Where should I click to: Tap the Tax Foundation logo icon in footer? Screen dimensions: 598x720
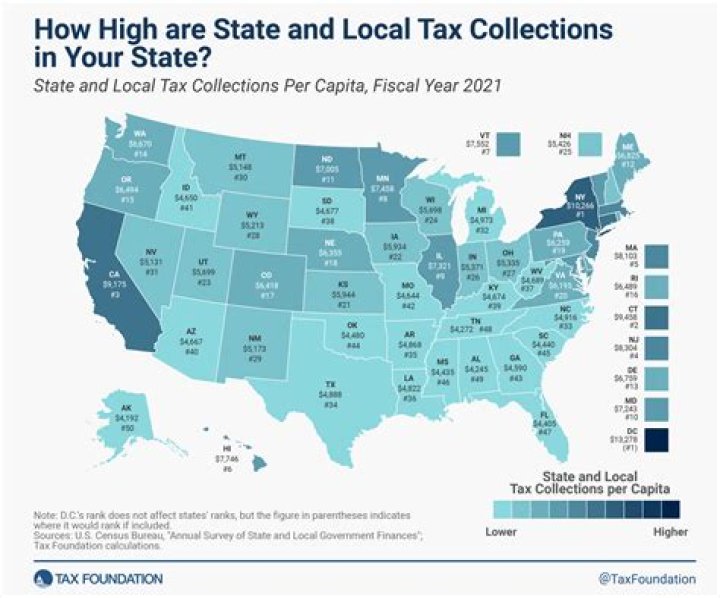pyautogui.click(x=40, y=578)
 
